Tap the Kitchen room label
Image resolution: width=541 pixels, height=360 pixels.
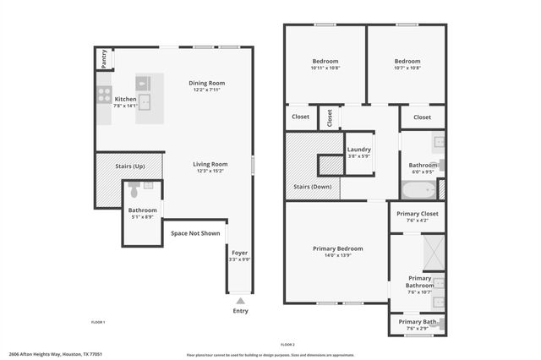click(125, 99)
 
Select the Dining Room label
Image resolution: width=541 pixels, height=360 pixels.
click(206, 83)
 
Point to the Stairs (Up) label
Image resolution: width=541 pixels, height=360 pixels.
click(129, 166)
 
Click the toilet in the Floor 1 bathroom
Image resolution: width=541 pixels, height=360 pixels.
click(134, 191)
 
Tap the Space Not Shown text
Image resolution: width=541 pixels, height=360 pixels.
click(195, 233)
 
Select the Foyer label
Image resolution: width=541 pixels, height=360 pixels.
click(240, 252)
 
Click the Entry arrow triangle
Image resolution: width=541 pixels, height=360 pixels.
click(241, 299)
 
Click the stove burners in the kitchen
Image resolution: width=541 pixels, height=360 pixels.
click(104, 94)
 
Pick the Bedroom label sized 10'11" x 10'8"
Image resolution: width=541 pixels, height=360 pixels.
click(325, 62)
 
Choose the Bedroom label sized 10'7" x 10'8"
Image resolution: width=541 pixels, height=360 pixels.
click(407, 62)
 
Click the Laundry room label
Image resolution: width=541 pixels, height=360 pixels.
click(359, 150)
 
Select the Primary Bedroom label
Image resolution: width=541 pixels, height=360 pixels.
click(337, 248)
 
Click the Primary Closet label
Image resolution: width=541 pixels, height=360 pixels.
click(418, 215)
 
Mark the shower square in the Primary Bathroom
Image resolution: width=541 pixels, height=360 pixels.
click(433, 252)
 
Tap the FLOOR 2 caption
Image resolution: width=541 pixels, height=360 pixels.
click(287, 345)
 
